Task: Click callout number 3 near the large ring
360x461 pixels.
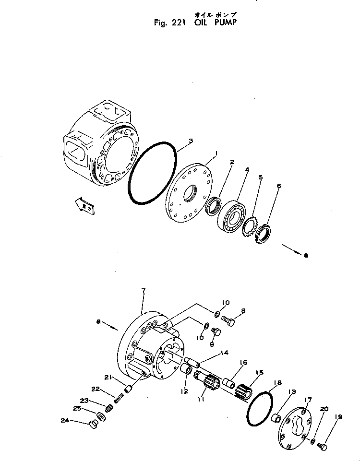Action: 191,141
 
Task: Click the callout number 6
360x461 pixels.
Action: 279,185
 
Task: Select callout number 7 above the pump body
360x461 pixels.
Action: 143,291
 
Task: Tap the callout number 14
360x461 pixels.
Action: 224,353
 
